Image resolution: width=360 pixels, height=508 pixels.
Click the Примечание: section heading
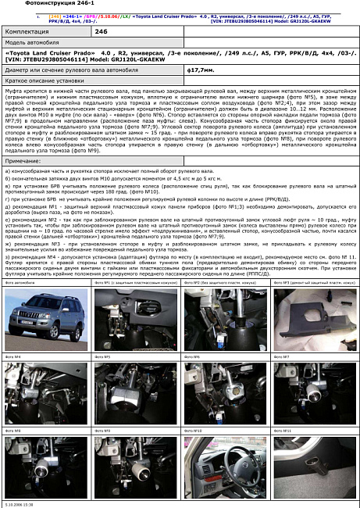pos(23,159)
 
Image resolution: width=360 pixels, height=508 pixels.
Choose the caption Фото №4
pos(13,356)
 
